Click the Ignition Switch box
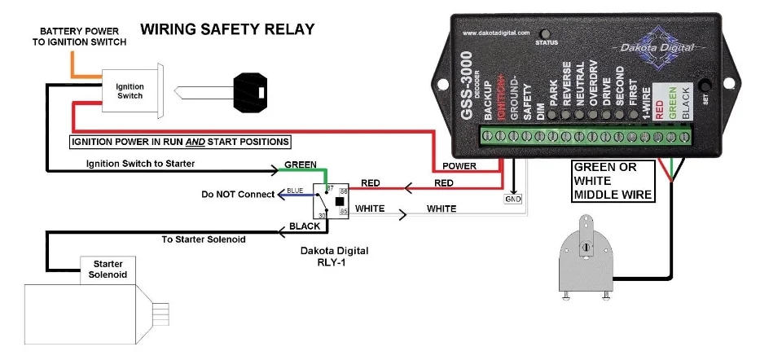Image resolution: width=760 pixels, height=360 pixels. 130,90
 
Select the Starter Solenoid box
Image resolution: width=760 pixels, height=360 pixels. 108,269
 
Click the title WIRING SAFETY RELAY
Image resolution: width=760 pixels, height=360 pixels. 227,29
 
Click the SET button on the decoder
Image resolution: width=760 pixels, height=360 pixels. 706,86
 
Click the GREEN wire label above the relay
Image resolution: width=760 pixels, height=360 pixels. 301,165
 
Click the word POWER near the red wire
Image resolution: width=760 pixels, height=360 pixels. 460,166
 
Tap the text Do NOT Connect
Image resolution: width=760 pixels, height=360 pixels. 236,195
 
